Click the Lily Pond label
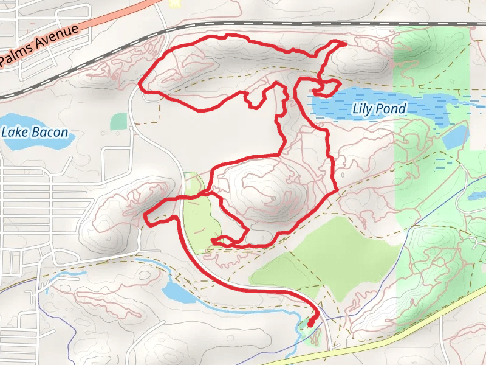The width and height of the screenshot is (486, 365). [378, 109]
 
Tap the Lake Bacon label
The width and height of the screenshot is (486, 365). [35, 132]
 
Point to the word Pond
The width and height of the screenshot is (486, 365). [392, 109]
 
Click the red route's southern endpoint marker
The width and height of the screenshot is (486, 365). [311, 323]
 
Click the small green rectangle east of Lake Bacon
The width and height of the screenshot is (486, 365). [118, 121]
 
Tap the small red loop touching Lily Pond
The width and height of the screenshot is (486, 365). [326, 88]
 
